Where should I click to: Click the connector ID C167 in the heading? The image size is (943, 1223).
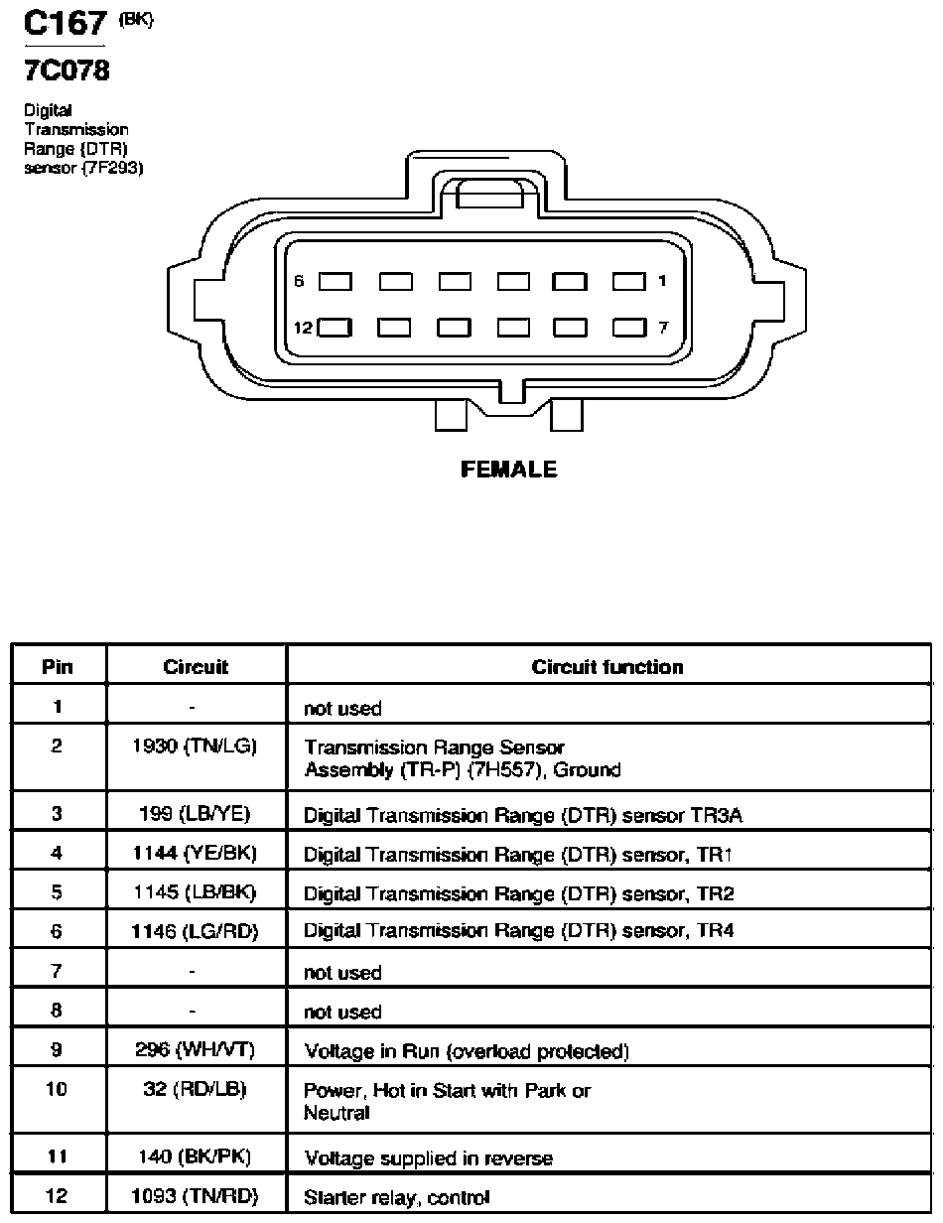tap(65, 23)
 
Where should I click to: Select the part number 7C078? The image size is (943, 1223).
tap(67, 70)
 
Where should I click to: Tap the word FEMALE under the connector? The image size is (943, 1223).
tap(508, 470)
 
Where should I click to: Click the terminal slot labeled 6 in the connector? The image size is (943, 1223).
tap(336, 281)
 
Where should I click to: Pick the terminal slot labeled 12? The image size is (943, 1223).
tap(335, 328)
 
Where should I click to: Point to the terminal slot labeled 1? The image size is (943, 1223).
tap(629, 281)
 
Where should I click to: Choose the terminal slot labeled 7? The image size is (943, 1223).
tap(629, 328)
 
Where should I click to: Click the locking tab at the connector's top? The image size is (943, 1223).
tap(489, 195)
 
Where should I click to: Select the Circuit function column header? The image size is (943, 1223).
tap(607, 667)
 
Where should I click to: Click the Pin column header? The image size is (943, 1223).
tap(58, 667)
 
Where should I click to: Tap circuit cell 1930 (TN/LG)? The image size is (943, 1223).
tap(195, 747)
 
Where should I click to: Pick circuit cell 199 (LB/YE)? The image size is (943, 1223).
tap(195, 814)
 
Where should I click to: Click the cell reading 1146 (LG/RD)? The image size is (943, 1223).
tap(195, 932)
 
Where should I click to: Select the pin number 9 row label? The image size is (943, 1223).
tap(57, 1049)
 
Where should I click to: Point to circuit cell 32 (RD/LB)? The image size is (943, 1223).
tap(195, 1090)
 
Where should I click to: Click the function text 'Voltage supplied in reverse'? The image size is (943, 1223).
tap(428, 1158)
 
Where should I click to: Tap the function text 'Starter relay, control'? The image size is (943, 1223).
tap(397, 1197)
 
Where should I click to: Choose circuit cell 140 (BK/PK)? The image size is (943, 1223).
tap(195, 1156)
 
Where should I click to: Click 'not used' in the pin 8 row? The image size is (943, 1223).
tap(342, 1012)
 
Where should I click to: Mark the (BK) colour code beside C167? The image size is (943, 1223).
tap(136, 19)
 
